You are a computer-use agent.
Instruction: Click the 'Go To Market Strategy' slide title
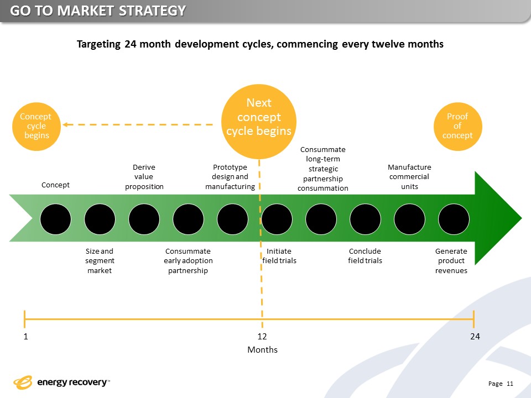tap(97, 11)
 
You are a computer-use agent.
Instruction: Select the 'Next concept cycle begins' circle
tap(259, 117)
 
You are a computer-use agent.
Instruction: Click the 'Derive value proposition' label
tap(144, 177)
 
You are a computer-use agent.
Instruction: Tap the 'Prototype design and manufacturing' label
tap(230, 177)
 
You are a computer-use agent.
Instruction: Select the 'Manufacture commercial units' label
tap(409, 177)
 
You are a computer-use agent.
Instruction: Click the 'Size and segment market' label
tap(100, 261)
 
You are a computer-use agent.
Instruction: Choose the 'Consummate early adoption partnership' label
tap(188, 261)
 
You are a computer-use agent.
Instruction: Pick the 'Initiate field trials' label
tap(279, 256)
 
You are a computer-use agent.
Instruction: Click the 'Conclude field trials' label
tap(365, 256)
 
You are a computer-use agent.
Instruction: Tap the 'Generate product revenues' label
tap(451, 261)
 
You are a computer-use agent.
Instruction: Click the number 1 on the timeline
tap(25, 337)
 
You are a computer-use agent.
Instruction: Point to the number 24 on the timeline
tap(474, 337)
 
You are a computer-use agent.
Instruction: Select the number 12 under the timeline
tap(263, 337)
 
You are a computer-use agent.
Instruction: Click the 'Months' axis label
tap(262, 350)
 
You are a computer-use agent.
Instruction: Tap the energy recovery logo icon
tap(23, 382)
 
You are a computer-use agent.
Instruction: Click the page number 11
tap(510, 384)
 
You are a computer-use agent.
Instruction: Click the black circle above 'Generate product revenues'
tap(454, 219)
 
